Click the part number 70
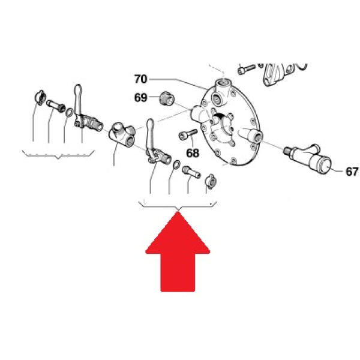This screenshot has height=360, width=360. (140, 79)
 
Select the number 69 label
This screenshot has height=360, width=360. (140, 98)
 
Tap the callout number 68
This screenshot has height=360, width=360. (193, 153)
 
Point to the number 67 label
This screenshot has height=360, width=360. (352, 172)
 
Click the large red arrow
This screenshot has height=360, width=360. (178, 252)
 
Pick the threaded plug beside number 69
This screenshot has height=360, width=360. (167, 99)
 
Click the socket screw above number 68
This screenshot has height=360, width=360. (188, 134)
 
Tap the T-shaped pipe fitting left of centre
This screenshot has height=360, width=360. (122, 134)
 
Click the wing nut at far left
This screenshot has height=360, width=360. (40, 98)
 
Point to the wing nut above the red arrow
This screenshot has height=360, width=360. (211, 181)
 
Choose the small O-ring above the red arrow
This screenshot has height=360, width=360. (176, 164)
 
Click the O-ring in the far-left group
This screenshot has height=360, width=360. (70, 113)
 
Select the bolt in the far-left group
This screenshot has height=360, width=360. (56, 106)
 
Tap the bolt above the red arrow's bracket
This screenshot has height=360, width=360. (191, 172)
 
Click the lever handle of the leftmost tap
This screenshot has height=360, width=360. (78, 100)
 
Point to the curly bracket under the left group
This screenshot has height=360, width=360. (58, 155)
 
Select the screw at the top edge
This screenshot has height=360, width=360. (247, 68)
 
